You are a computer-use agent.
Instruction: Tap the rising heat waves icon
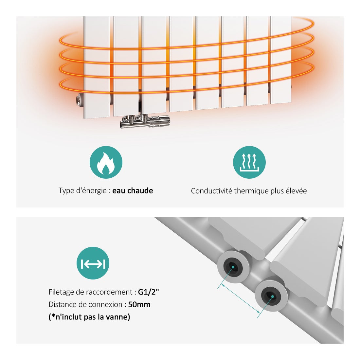[x=249, y=162]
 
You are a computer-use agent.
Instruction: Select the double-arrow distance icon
[x=93, y=263]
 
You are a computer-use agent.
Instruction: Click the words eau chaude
[x=133, y=190]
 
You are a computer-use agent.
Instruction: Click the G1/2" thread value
[x=149, y=292]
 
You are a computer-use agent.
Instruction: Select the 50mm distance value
[x=139, y=304]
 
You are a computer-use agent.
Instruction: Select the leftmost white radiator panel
[x=97, y=67]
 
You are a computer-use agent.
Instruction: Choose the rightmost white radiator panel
[x=281, y=60]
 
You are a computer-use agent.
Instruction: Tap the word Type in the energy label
[x=65, y=191]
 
